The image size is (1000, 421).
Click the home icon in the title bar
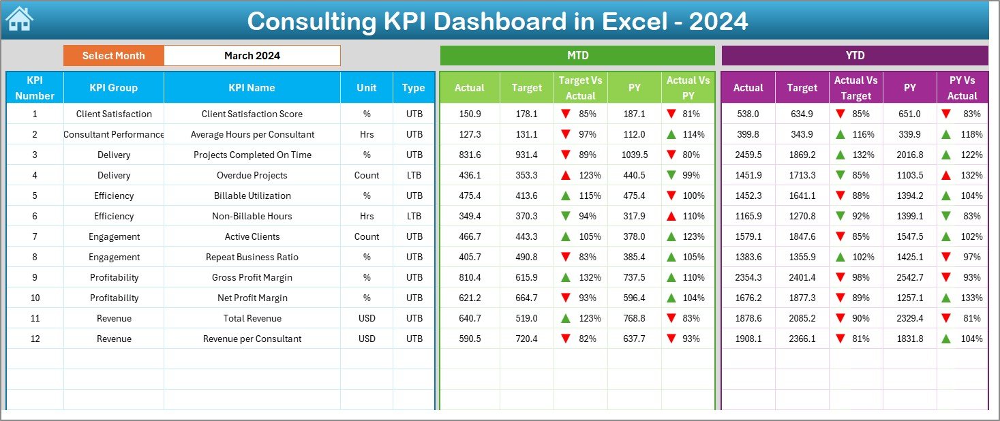click(x=19, y=19)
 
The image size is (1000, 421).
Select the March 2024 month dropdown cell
click(x=252, y=56)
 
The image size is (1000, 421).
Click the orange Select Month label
click(x=114, y=56)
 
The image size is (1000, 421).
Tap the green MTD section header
click(x=577, y=55)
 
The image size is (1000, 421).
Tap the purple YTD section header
click(x=855, y=55)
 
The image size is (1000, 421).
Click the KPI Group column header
click(x=113, y=88)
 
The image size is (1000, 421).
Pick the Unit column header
click(x=367, y=88)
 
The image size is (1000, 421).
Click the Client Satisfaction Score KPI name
click(x=252, y=114)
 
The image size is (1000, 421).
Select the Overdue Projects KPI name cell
click(x=252, y=175)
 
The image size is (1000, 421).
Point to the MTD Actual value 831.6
click(x=470, y=155)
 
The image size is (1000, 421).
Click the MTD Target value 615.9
click(x=526, y=277)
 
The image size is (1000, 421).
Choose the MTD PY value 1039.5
click(x=635, y=155)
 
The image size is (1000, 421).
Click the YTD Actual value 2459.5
click(x=748, y=155)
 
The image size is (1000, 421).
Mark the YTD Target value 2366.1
click(x=802, y=339)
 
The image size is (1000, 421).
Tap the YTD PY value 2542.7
click(x=910, y=277)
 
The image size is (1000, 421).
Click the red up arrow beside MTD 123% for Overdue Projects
click(x=565, y=175)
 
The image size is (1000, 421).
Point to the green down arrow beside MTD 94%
click(x=565, y=216)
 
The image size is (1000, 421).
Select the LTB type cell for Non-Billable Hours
click(x=414, y=216)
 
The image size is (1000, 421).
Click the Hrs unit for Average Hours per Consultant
click(x=367, y=134)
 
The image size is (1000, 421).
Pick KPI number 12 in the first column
click(x=35, y=339)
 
